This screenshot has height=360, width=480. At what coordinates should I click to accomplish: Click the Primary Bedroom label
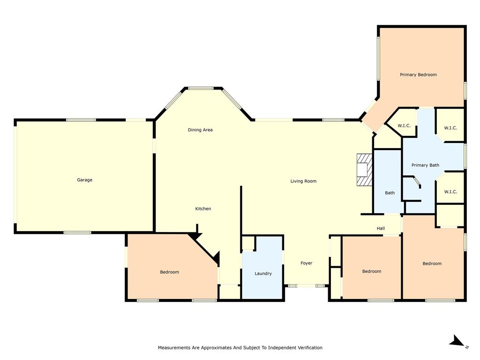pyautogui.click(x=418, y=75)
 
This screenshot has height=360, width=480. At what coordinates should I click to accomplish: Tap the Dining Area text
pyautogui.click(x=200, y=130)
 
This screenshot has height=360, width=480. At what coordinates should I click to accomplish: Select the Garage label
pyautogui.click(x=85, y=180)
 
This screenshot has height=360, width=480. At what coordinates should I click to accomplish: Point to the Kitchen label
pyautogui.click(x=203, y=209)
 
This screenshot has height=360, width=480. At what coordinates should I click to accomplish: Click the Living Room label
pyautogui.click(x=303, y=181)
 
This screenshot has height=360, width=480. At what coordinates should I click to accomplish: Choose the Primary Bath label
pyautogui.click(x=425, y=165)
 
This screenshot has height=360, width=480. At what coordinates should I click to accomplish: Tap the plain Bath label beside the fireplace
pyautogui.click(x=390, y=193)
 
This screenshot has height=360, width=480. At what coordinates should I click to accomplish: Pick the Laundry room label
pyautogui.click(x=263, y=273)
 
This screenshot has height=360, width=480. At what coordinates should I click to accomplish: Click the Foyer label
pyautogui.click(x=306, y=263)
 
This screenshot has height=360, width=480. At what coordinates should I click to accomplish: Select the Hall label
pyautogui.click(x=381, y=228)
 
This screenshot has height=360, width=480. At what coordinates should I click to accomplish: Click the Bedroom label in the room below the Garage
pyautogui.click(x=169, y=272)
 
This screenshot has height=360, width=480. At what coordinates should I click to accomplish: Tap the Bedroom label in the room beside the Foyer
pyautogui.click(x=372, y=271)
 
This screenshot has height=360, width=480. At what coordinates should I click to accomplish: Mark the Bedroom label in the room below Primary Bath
pyautogui.click(x=432, y=263)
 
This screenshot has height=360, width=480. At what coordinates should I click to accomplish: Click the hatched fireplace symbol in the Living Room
pyautogui.click(x=364, y=170)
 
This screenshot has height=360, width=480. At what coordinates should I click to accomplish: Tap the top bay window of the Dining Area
pyautogui.click(x=201, y=88)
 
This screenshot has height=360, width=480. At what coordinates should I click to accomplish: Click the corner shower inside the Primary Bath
pyautogui.click(x=413, y=182)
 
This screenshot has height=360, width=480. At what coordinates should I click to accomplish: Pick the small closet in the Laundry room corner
pyautogui.click(x=248, y=243)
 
